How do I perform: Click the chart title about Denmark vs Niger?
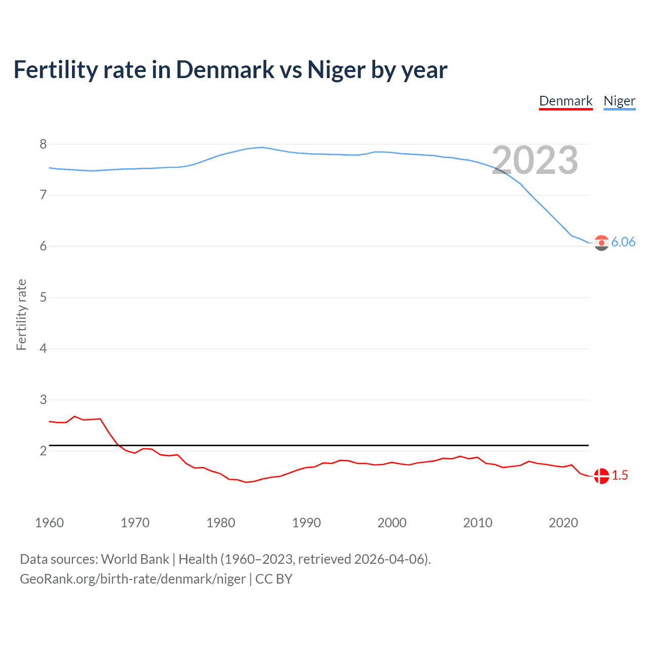pos(230,70)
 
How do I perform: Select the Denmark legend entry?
pos(565,101)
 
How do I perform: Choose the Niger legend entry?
pos(619,101)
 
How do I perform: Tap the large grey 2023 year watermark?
pos(534,160)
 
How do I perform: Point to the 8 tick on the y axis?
pos(43,144)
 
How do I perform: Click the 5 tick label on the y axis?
pos(43,297)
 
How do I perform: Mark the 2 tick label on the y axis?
pos(43,451)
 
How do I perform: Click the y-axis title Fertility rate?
pos(21,314)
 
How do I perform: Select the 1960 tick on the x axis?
pos(49,523)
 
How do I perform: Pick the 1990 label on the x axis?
pos(306,523)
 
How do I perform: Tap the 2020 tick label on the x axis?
pos(563,523)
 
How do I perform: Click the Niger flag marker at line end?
pos(601,243)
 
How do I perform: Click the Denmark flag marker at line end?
pos(601,476)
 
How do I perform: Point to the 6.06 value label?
pos(623,242)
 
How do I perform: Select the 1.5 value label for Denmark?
pos(620,476)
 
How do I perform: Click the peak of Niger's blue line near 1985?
pos(262,147)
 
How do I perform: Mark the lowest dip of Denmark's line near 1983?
pos(246,482)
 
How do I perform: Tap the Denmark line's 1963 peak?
pos(75,416)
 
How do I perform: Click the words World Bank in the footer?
pos(135,559)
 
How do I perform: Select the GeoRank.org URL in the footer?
pos(133,579)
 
